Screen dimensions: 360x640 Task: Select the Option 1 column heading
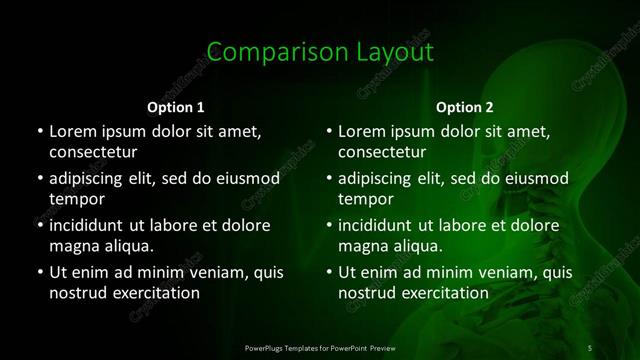click(176, 106)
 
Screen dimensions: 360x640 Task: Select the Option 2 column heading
click(465, 106)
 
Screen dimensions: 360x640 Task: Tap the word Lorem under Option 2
click(361, 131)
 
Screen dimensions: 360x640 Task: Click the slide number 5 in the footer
click(590, 347)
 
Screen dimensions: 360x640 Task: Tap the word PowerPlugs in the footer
click(265, 347)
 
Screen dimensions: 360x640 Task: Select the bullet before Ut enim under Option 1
click(39, 272)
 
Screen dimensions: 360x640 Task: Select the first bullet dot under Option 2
click(329, 131)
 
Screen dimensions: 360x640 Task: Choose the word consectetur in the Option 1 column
click(93, 153)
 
